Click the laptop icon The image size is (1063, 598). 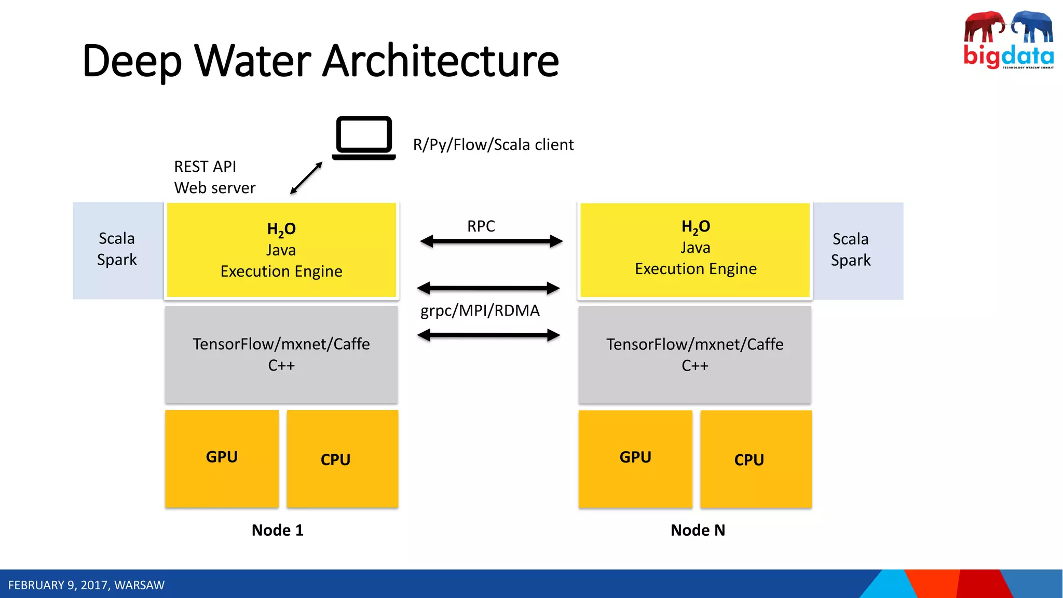(x=364, y=138)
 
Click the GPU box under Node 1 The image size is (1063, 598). (x=222, y=458)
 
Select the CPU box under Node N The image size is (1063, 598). (x=756, y=459)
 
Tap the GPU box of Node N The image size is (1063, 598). (x=635, y=458)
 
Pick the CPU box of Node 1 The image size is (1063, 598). (x=342, y=459)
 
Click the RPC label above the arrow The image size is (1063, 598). (x=481, y=226)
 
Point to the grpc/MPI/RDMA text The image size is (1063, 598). (x=480, y=310)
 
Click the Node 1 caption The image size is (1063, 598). (x=277, y=530)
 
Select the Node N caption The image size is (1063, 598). (x=698, y=530)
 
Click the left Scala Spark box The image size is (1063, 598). (x=117, y=250)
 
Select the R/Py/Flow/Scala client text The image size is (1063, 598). (x=493, y=145)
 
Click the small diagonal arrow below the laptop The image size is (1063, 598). (x=306, y=178)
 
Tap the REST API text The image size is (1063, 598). (x=205, y=167)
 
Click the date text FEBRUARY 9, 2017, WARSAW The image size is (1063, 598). (x=86, y=585)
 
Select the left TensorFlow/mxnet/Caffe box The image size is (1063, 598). (x=281, y=354)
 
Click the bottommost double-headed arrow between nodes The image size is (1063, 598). (x=488, y=335)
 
